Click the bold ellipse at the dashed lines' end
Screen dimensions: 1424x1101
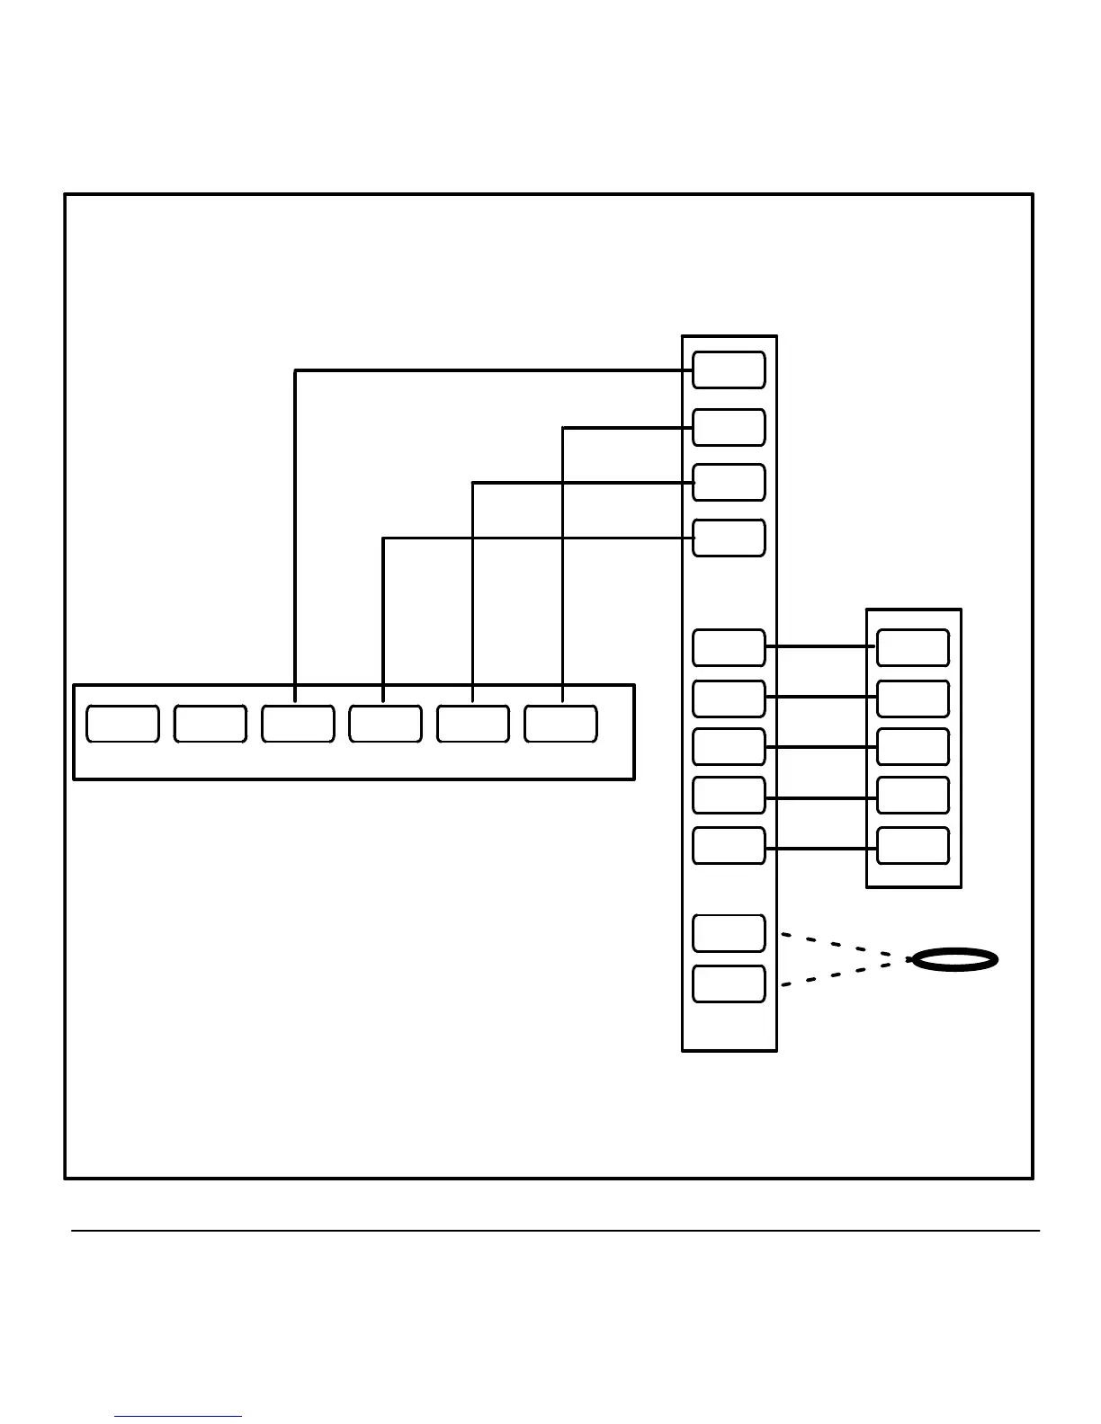(x=954, y=959)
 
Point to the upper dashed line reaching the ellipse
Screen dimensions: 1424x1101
(x=846, y=947)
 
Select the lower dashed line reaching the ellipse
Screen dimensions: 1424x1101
(x=846, y=973)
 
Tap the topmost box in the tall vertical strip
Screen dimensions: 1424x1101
(x=729, y=370)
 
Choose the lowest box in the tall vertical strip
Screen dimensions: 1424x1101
(x=729, y=983)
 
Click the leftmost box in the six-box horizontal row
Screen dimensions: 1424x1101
(x=122, y=725)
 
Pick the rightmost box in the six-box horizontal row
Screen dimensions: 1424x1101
(x=560, y=725)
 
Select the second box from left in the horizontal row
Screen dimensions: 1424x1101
(x=210, y=725)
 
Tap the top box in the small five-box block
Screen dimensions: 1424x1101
(x=913, y=647)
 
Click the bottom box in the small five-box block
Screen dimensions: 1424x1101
(x=913, y=846)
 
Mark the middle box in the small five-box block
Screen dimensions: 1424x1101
(x=913, y=747)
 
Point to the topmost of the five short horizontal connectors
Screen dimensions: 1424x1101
(x=820, y=646)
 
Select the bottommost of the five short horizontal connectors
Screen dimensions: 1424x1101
(x=820, y=848)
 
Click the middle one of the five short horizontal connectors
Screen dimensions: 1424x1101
(x=820, y=747)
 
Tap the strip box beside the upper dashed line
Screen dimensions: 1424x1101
(x=729, y=933)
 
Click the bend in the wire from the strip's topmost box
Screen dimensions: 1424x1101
(x=296, y=370)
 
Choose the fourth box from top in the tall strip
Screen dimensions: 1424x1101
(x=729, y=538)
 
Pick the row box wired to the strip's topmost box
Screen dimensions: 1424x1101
(x=298, y=725)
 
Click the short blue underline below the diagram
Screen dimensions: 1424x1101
(x=178, y=1416)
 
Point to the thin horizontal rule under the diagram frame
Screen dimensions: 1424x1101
(x=555, y=1231)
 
